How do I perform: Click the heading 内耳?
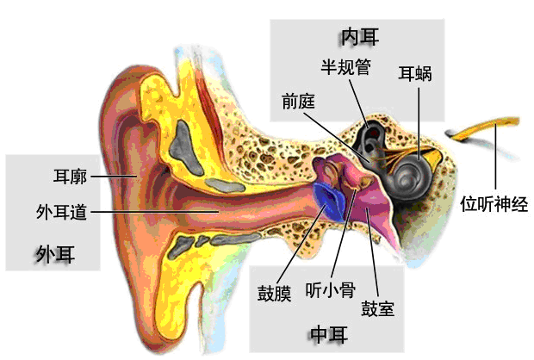coord(360,37)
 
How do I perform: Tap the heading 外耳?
coord(55,254)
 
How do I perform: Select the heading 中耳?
coord(329,334)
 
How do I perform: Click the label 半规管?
coord(346,67)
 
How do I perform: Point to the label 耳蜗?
coord(415,73)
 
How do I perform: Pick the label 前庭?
coord(298,101)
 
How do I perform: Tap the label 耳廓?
coord(70,177)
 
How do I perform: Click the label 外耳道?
coord(62,212)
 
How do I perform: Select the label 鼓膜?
coord(275,293)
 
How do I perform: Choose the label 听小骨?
coord(331,290)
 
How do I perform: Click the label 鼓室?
coord(378,308)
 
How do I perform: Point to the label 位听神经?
coord(494,204)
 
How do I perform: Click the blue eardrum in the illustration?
coord(330,202)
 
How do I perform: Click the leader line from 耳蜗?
coord(419,123)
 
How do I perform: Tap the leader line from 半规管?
coord(358,103)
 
